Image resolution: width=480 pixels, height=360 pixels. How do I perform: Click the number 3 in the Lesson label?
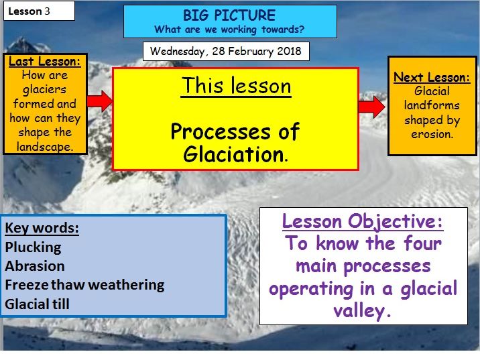(x=47, y=11)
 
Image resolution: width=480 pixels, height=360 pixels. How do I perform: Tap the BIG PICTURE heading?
(x=229, y=15)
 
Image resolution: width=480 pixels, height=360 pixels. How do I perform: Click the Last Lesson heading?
(x=45, y=62)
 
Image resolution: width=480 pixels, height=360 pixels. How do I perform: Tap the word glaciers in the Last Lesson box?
(x=45, y=90)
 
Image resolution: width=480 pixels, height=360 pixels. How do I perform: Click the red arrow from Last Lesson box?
(x=100, y=101)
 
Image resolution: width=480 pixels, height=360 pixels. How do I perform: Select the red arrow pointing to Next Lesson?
(x=371, y=107)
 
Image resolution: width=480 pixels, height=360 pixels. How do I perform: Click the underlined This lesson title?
(x=236, y=86)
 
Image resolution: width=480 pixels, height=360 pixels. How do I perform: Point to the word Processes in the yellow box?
(x=221, y=132)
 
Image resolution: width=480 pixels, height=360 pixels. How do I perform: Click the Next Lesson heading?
(x=432, y=77)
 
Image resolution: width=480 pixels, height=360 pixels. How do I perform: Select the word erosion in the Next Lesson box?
(x=432, y=134)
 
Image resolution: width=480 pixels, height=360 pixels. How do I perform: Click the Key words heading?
(x=42, y=228)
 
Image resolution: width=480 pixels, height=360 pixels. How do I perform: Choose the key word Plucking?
(x=33, y=247)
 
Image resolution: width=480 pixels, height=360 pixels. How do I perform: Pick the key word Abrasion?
(x=35, y=266)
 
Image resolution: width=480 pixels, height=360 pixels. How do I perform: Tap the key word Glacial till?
(x=37, y=304)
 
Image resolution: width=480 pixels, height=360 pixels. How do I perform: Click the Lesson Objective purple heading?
(x=363, y=221)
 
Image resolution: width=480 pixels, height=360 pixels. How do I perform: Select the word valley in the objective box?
(x=362, y=311)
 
